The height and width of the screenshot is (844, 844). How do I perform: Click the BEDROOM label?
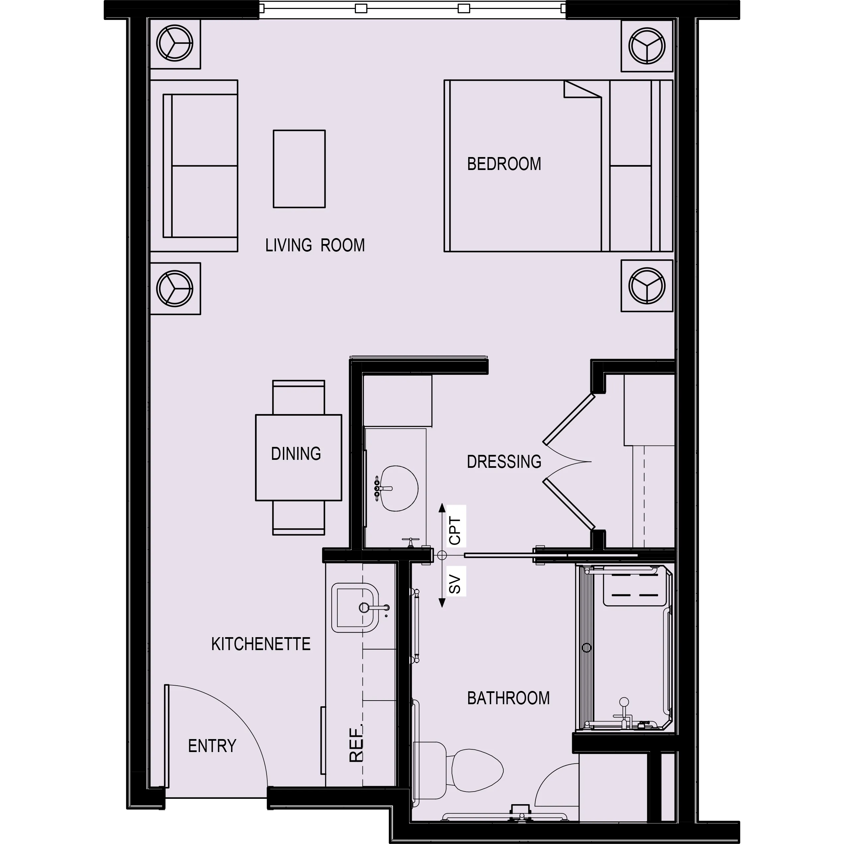coord(504,164)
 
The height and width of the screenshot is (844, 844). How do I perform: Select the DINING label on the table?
coord(296,454)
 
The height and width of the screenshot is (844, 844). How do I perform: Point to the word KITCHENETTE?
coord(261,644)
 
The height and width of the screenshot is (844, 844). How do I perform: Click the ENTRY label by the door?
coord(212,746)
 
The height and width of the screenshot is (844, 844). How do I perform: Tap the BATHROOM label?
coord(508,699)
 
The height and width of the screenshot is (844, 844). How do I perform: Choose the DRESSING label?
coord(504,462)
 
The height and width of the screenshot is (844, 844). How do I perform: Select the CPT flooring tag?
coord(455,531)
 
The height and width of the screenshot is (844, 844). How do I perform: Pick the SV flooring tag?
coord(455,584)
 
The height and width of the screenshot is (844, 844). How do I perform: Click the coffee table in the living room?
coord(299,169)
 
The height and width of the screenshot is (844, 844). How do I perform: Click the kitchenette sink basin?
coord(355,608)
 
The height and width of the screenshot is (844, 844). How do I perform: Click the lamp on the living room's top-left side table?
coord(174,44)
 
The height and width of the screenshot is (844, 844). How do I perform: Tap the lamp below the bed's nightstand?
coord(646,286)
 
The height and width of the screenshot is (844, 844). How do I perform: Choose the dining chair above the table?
coord(298,397)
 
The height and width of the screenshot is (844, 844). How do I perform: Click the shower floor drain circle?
coord(587,647)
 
